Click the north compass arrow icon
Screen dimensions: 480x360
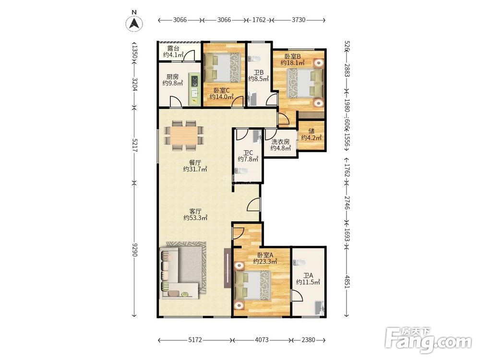pos(134,23)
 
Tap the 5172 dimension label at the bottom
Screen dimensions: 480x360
pos(195,340)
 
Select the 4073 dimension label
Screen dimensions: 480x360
pos(262,340)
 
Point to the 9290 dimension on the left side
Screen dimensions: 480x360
pos(134,250)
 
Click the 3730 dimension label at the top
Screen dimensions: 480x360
pos(299,20)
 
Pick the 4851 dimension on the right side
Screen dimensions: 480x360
pos(347,281)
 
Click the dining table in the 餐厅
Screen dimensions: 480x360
pos(184,135)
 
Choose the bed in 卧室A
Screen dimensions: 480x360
pos(253,285)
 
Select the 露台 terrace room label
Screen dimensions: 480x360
pos(173,52)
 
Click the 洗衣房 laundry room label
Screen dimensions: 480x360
pos(280,145)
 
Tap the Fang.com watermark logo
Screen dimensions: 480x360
pos(428,340)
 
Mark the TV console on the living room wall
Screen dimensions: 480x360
pos(228,268)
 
